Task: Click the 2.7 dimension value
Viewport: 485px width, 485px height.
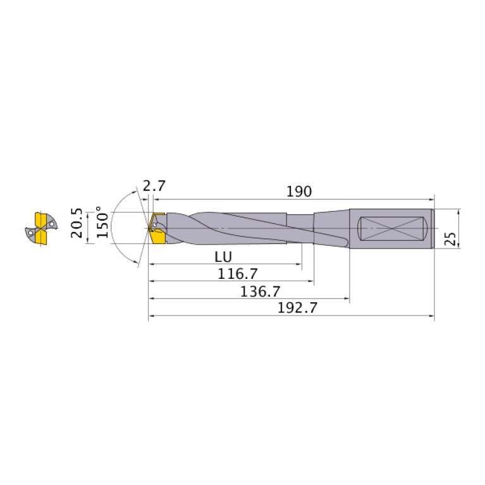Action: tap(154, 186)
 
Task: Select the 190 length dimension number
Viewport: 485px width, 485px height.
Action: tap(299, 192)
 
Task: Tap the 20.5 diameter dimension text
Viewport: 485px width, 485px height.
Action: tap(77, 223)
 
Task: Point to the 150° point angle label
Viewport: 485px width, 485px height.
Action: tap(102, 222)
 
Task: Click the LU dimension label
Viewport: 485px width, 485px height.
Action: tap(223, 257)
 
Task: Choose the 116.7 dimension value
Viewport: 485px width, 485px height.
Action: tap(238, 274)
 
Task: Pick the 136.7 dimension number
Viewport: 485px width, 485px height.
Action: tap(260, 292)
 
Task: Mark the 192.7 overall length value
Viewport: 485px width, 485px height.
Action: tap(297, 308)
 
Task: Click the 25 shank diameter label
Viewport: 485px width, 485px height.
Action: tap(450, 238)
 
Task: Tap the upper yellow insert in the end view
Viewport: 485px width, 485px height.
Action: tap(40, 220)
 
